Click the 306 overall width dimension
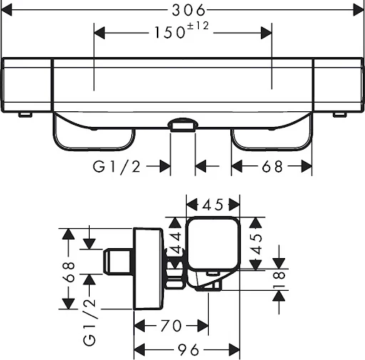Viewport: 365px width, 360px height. pyautogui.click(x=188, y=11)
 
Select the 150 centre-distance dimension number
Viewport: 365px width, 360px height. pyautogui.click(x=170, y=33)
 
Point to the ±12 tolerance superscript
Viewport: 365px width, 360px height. pyautogui.click(x=198, y=26)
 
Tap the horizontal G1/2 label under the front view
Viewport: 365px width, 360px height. pyautogui.click(x=116, y=167)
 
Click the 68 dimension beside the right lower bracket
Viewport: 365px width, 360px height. pyautogui.click(x=272, y=166)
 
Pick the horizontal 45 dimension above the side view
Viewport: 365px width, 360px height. pyautogui.click(x=213, y=205)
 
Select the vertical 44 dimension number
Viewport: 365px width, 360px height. pyautogui.click(x=176, y=242)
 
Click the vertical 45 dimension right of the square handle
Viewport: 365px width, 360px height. pyautogui.click(x=256, y=244)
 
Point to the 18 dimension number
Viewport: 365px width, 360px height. pyautogui.click(x=279, y=279)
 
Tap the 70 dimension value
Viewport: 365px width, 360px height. pyautogui.click(x=171, y=326)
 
